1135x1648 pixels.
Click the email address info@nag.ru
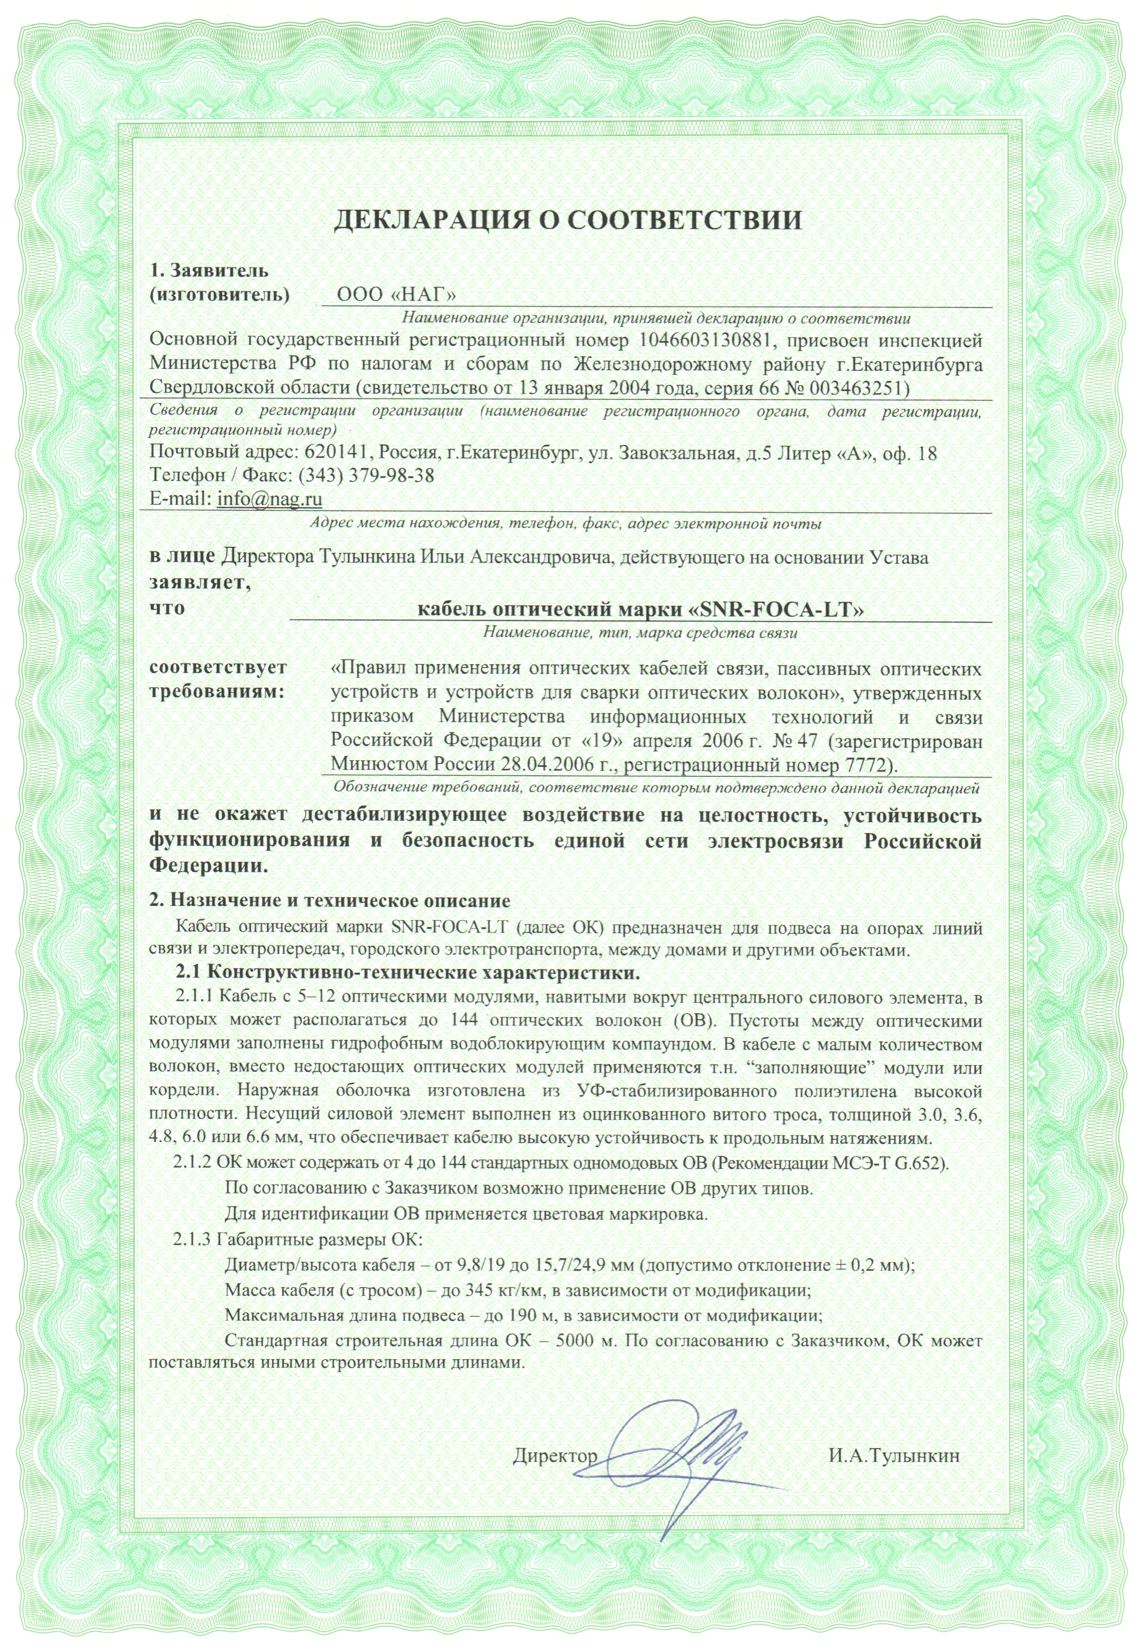tap(269, 499)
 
